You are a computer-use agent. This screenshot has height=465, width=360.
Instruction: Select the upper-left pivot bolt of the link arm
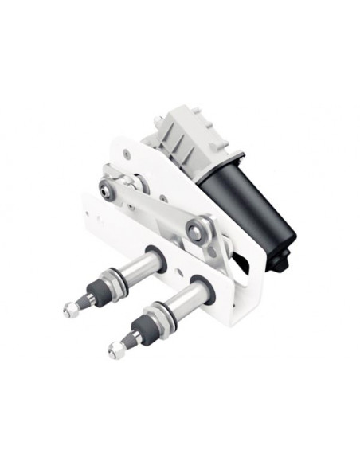pyautogui.click(x=107, y=189)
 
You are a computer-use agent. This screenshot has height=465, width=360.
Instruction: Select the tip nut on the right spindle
pyautogui.click(x=117, y=349)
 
